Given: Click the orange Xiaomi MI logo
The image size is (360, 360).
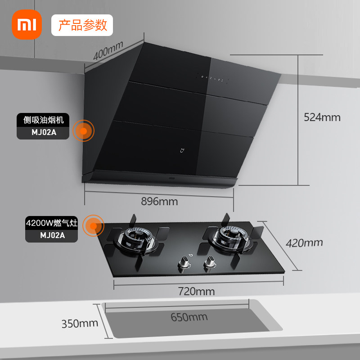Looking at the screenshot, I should [26, 25].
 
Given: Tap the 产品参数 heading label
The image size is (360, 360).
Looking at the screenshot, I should [82, 25].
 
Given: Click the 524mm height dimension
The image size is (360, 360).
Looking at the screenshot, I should [322, 117].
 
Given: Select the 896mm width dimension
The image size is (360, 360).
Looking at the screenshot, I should [159, 201].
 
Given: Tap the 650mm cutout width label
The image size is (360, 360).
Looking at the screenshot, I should [189, 317].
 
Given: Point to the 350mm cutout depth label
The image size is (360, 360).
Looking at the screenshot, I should [80, 323].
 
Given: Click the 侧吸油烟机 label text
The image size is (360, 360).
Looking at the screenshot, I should [43, 120].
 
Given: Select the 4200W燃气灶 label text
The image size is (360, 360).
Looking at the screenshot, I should [51, 223].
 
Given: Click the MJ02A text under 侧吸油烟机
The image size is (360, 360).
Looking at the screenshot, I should [43, 133].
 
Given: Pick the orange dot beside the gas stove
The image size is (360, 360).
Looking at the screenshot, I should [94, 226].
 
